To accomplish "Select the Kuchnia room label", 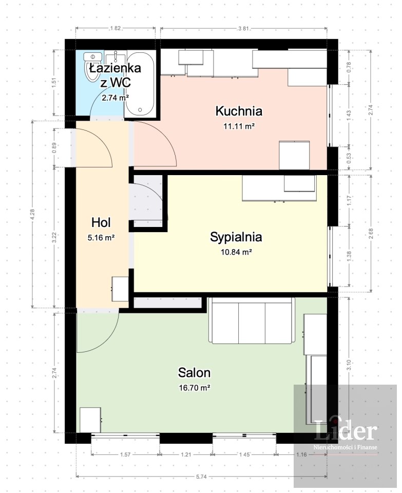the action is tap(239, 111).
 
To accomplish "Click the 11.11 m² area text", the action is tap(239, 126).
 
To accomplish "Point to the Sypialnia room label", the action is tap(236, 237).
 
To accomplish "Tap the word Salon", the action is tap(194, 373).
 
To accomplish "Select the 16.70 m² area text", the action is tap(195, 388).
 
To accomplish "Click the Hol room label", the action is tap(101, 222).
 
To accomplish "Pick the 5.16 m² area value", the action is tap(101, 238).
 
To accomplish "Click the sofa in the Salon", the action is tap(252, 320).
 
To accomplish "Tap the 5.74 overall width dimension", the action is tap(201, 477).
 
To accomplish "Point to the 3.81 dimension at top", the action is tap(243, 28).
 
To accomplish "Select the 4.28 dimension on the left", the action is tap(33, 215).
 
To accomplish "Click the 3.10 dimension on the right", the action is tap(349, 365).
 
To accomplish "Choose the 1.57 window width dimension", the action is tap(125, 454).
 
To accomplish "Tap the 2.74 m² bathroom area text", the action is tap(115, 98).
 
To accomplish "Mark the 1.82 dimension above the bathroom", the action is tap(116, 28).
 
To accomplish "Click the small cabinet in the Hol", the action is tap(120, 289).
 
